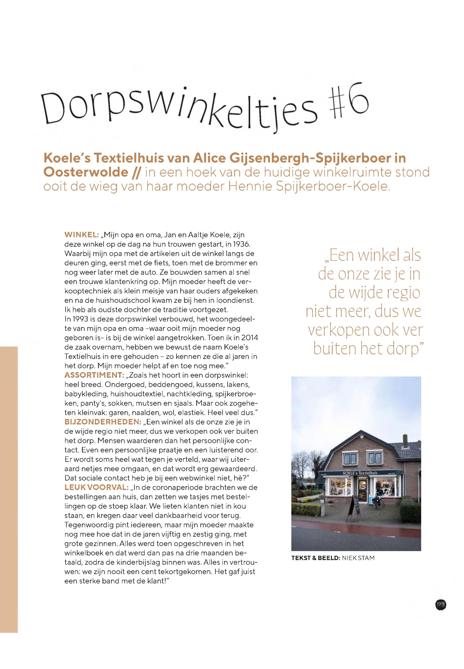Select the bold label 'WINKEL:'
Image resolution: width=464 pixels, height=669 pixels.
81,235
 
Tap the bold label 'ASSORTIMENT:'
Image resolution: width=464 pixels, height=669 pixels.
95,374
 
